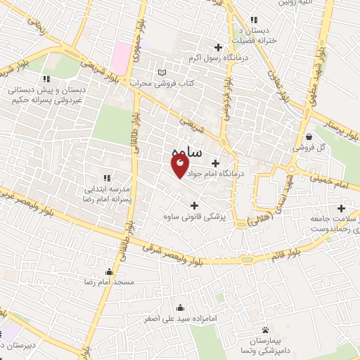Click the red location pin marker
tap(180, 166)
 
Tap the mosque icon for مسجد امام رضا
tap(109, 271)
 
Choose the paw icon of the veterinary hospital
tap(265, 330)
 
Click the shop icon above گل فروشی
tap(310, 136)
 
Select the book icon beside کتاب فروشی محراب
tap(163, 73)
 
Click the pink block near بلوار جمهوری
tap(123, 53)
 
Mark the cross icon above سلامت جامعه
tap(341, 208)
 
